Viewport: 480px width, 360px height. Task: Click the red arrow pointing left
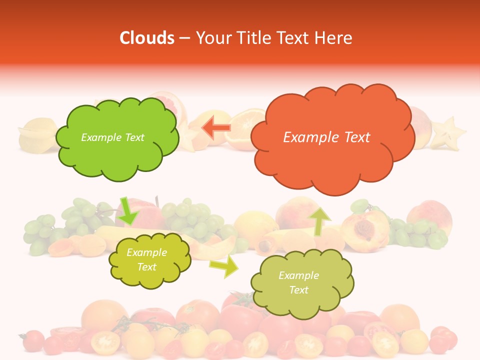pos(216,127)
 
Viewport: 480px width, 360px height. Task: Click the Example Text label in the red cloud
pos(326,137)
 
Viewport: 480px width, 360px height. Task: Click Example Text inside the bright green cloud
pos(112,137)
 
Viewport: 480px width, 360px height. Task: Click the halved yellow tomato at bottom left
pos(105,341)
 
